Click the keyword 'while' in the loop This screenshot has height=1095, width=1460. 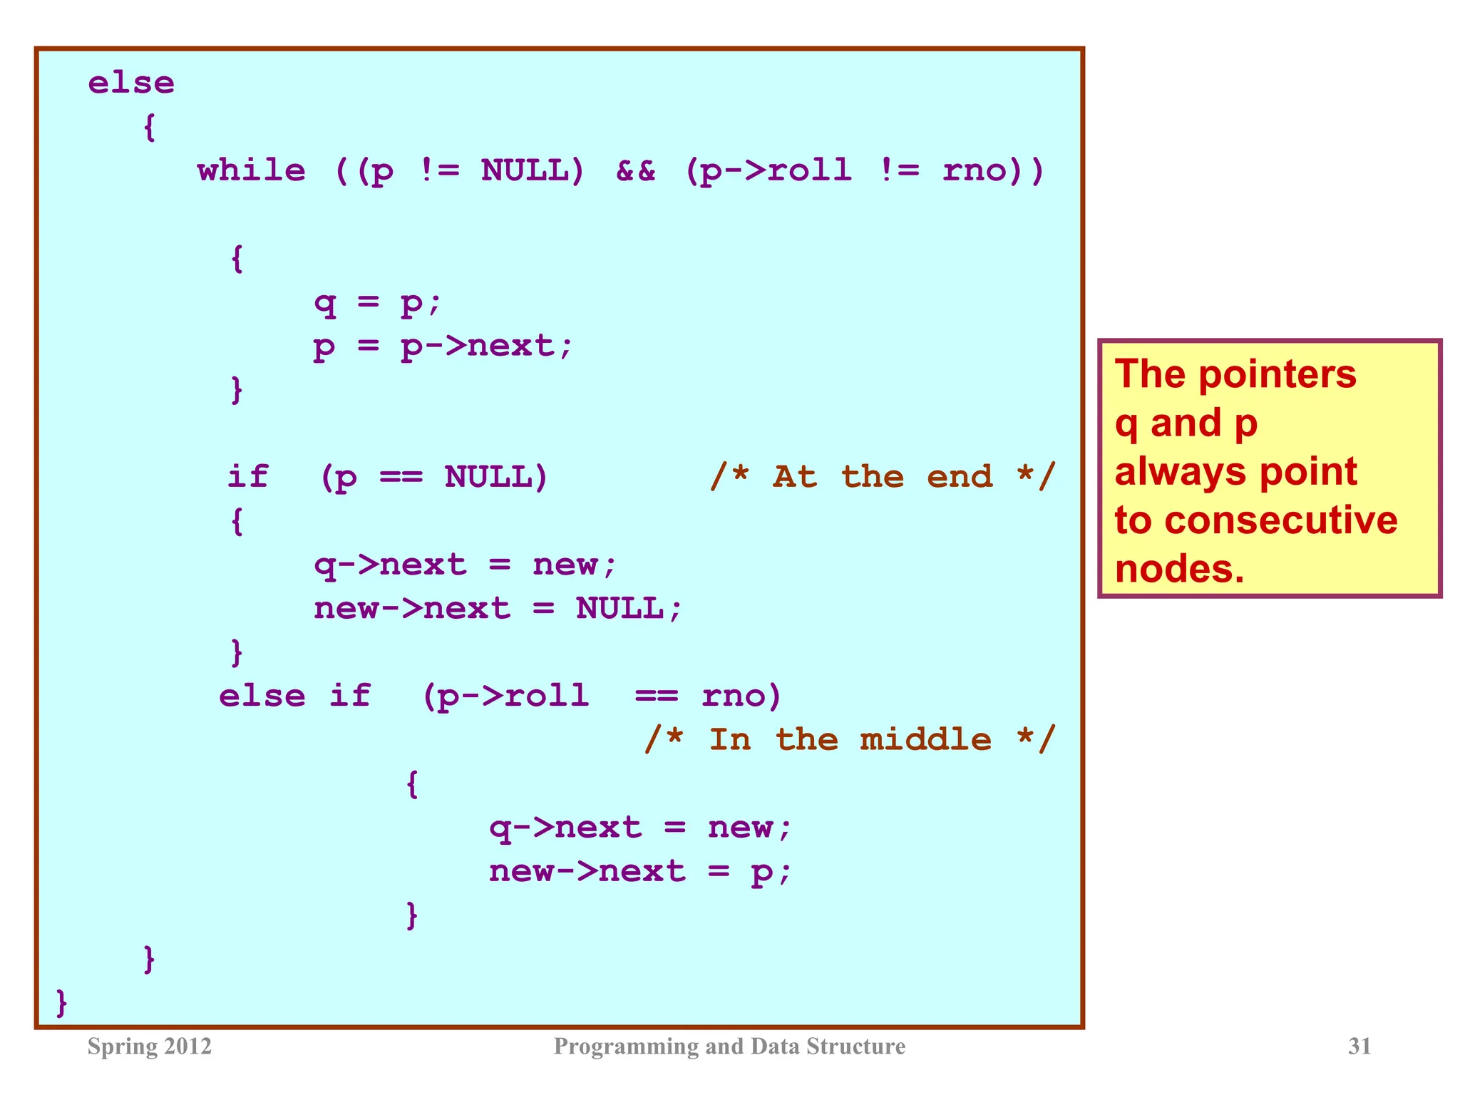251,171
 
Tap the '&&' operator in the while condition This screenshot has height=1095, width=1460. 635,171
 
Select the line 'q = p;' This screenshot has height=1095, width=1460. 378,303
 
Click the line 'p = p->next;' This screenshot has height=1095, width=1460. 443,347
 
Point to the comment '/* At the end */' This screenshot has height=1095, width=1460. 883,476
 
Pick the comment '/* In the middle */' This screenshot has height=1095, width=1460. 849,739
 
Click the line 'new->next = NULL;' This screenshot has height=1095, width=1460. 498,609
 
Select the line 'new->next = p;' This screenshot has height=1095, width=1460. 640,872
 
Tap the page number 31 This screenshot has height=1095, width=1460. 1359,1046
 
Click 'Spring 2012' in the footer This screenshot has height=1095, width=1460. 150,1046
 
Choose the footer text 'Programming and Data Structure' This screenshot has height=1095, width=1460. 729,1046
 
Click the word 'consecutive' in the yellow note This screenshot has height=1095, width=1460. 1282,520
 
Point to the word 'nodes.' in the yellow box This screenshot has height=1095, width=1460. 1179,569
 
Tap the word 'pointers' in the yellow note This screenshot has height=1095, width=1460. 1277,375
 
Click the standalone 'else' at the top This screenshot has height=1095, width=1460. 131,83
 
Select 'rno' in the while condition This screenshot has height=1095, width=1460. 974,171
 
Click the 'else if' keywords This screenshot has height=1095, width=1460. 294,696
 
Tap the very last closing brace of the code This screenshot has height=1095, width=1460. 62,1002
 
